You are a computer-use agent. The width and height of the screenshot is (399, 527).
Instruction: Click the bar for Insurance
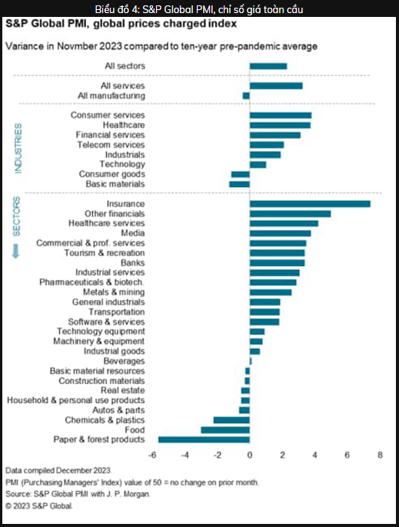click(x=310, y=204)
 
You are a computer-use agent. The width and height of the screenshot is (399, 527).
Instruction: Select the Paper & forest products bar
click(x=204, y=439)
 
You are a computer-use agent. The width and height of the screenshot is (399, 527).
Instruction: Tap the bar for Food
click(x=225, y=430)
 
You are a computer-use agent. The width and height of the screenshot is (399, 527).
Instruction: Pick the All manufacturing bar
click(x=246, y=96)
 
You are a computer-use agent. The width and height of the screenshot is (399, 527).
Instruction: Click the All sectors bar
click(x=268, y=66)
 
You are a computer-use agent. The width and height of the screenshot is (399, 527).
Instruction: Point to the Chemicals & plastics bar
click(x=231, y=420)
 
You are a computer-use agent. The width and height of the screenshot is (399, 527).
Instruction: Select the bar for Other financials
click(x=290, y=214)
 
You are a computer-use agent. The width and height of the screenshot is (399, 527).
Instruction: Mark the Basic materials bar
click(x=239, y=184)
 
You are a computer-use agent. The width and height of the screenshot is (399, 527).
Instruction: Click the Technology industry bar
click(x=258, y=165)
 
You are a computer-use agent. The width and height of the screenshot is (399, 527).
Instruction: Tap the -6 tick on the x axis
click(x=152, y=455)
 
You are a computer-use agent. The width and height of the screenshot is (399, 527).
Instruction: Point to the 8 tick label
click(x=380, y=455)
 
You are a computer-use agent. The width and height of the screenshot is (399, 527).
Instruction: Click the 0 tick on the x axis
click(x=250, y=455)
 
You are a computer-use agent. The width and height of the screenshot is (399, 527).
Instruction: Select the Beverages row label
click(x=124, y=361)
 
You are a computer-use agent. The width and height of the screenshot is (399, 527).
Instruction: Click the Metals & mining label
click(x=114, y=292)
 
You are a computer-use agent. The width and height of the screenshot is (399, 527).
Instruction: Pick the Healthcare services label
click(x=106, y=223)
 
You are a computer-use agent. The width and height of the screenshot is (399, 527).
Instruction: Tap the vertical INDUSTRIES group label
click(x=18, y=148)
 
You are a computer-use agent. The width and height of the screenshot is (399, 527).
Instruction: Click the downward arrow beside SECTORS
click(x=16, y=251)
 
